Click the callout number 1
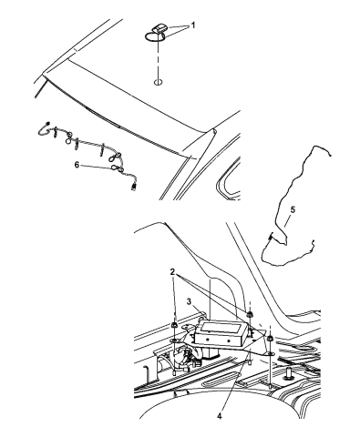pos(192,25)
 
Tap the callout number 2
pos(172,272)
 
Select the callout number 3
pos(189,301)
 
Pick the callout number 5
pos(293,209)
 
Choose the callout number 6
pos(77,165)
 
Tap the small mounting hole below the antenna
pos(158,82)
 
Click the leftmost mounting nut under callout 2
pos(175,325)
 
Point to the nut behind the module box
pos(250,315)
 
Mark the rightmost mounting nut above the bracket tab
pos(270,339)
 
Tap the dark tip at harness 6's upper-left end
pos(48,123)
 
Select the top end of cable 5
pos(330,156)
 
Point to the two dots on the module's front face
pos(218,340)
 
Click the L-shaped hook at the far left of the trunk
pos(145,371)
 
